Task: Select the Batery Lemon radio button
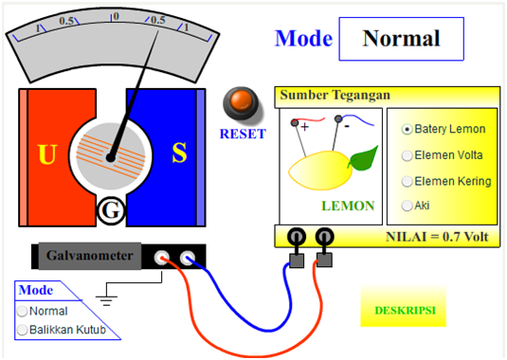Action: point(407,129)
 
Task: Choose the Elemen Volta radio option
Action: point(407,154)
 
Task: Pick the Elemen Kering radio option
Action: point(407,181)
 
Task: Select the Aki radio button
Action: point(407,205)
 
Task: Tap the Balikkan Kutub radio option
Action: point(23,330)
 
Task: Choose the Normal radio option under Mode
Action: point(23,311)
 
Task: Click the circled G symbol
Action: point(111,212)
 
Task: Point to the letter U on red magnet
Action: point(46,154)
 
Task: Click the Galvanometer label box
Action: point(90,256)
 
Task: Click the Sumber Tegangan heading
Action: point(334,96)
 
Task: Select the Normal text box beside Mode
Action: point(401,39)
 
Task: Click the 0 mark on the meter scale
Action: point(115,17)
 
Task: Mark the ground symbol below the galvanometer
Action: point(107,299)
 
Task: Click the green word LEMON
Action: point(348,205)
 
